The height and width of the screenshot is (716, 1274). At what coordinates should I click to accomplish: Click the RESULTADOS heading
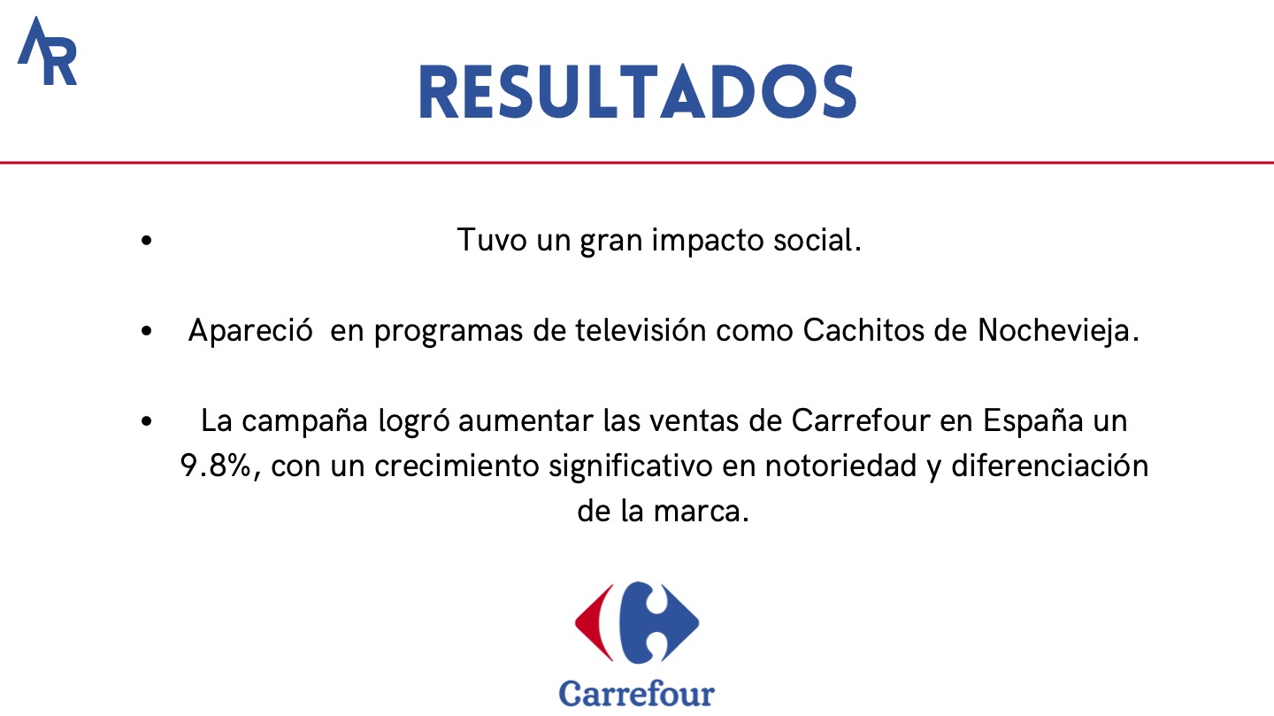638,92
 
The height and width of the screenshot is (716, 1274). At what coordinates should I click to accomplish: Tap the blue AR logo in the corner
47,51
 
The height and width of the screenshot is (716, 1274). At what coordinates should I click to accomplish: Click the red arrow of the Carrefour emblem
595,622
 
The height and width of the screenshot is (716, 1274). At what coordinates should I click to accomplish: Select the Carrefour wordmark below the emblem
636,693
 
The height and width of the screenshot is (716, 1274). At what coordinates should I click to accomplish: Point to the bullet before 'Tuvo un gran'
147,240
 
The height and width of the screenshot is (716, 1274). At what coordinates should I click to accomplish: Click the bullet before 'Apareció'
147,331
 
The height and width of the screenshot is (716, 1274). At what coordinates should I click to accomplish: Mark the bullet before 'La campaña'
147,421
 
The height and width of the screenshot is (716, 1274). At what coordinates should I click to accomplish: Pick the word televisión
641,330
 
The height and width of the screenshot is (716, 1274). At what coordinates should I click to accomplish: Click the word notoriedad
840,466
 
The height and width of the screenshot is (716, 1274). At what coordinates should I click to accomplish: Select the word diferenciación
1050,466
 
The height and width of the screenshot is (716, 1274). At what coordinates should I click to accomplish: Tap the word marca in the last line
701,511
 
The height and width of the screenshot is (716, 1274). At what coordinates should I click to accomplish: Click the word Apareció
250,331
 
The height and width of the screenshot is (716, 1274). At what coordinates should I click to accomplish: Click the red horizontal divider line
637,163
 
